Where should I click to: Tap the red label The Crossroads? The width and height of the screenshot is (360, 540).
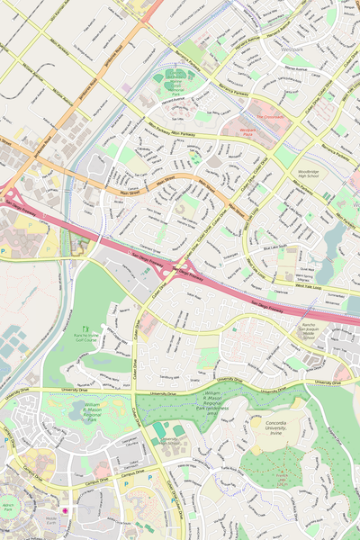[x=268, y=116]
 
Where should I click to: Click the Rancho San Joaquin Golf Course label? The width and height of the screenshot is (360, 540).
[x=86, y=338]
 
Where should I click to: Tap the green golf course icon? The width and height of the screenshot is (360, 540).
[x=86, y=328]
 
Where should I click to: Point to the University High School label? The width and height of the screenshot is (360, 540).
[x=169, y=441]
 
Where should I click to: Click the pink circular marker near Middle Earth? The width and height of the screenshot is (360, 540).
[x=64, y=510]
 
